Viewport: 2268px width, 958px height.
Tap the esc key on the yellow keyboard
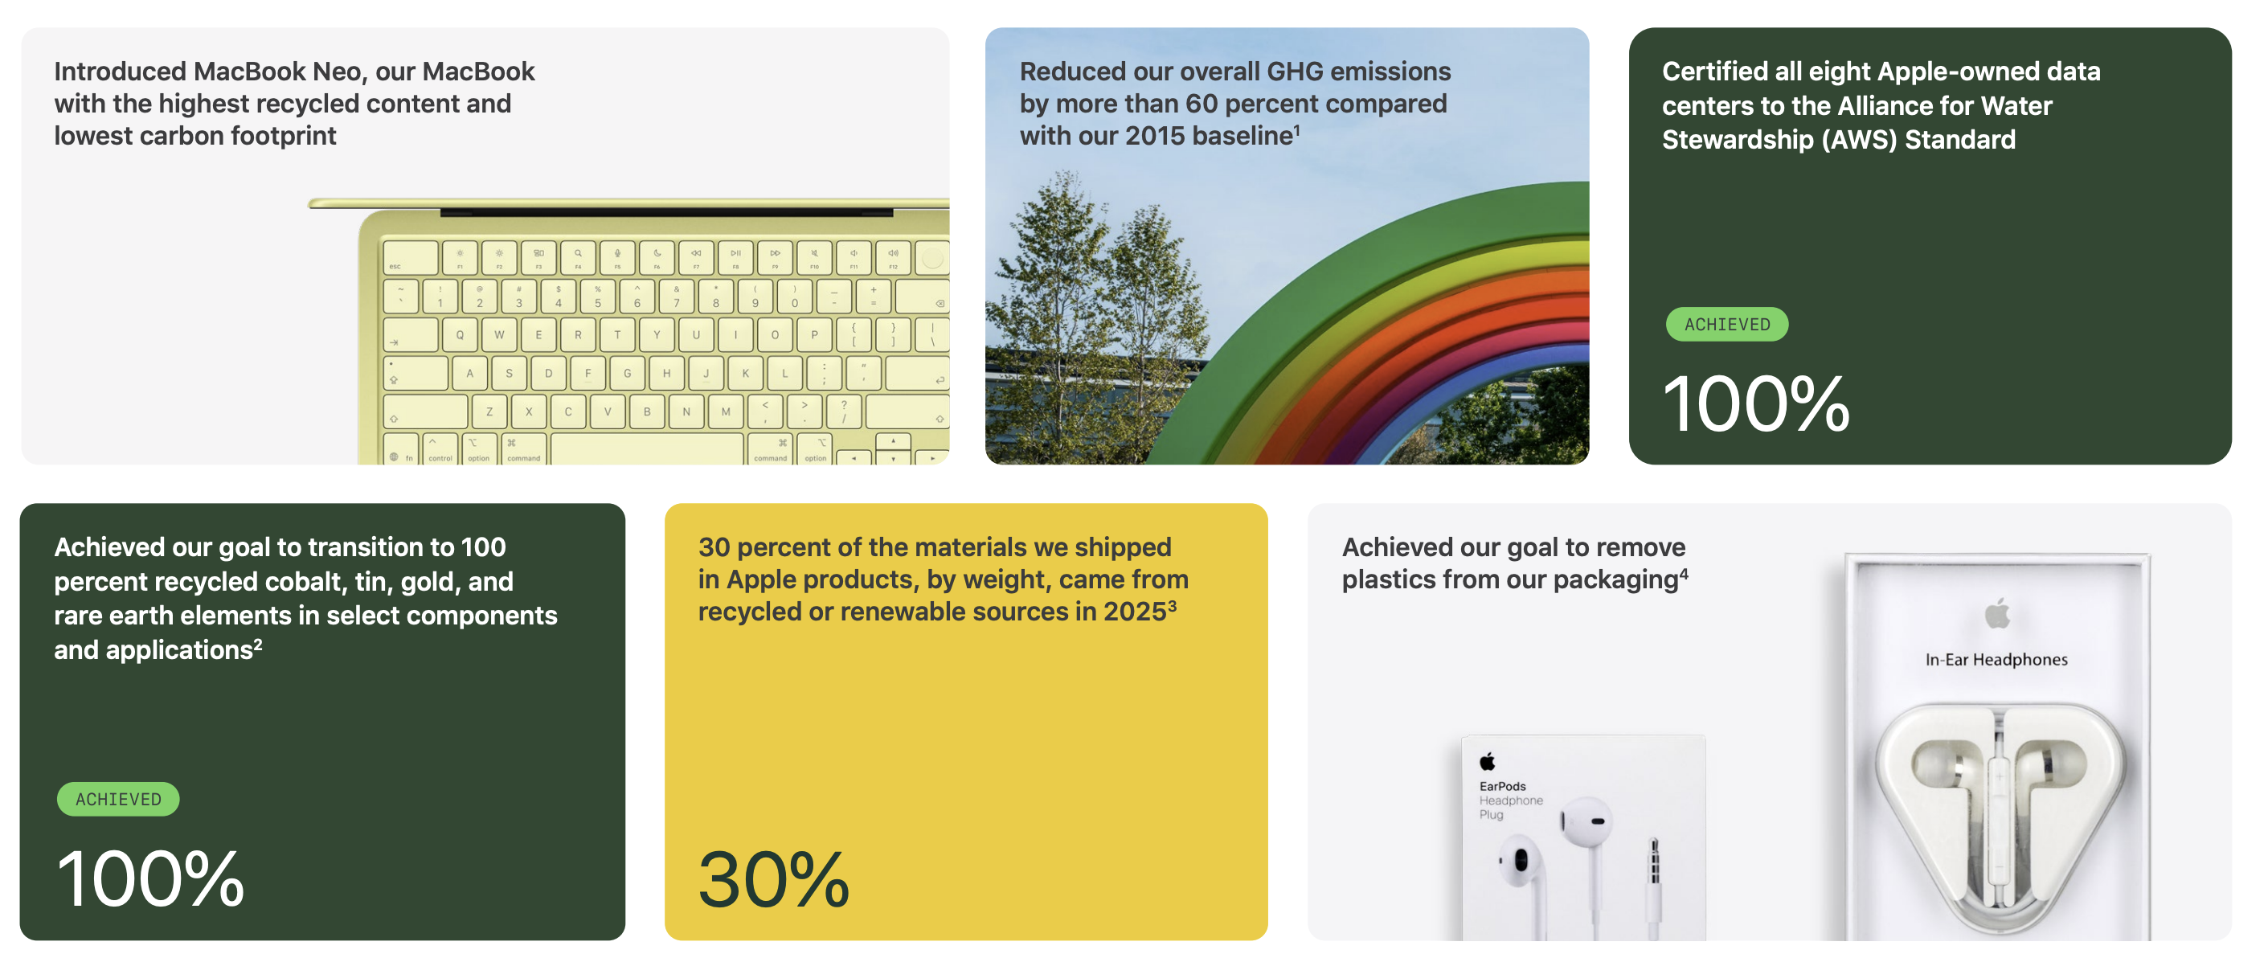pyautogui.click(x=411, y=258)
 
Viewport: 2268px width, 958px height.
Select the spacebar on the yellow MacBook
pyautogui.click(x=646, y=449)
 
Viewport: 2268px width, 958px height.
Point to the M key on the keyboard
pyautogui.click(x=726, y=411)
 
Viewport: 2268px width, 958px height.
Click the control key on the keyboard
pyautogui.click(x=440, y=449)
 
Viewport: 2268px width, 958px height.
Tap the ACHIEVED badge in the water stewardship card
pyautogui.click(x=1726, y=324)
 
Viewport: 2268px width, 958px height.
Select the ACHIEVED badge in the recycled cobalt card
pyautogui.click(x=118, y=799)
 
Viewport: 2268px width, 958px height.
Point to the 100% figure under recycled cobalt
pyautogui.click(x=149, y=878)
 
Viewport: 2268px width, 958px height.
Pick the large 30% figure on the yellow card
pyautogui.click(x=774, y=878)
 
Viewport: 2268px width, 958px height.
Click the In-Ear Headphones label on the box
pyautogui.click(x=1996, y=660)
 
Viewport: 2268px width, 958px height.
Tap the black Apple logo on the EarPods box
pyautogui.click(x=1487, y=761)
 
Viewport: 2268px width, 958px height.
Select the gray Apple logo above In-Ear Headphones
pyautogui.click(x=1997, y=613)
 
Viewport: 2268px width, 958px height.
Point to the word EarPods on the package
pyautogui.click(x=1502, y=786)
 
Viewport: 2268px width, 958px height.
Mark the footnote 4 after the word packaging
pyautogui.click(x=1684, y=572)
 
